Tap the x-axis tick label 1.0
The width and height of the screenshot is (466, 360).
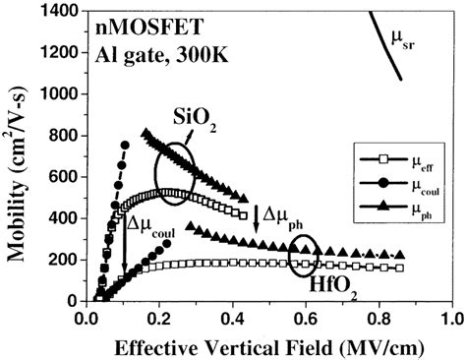pyautogui.click(x=451, y=320)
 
